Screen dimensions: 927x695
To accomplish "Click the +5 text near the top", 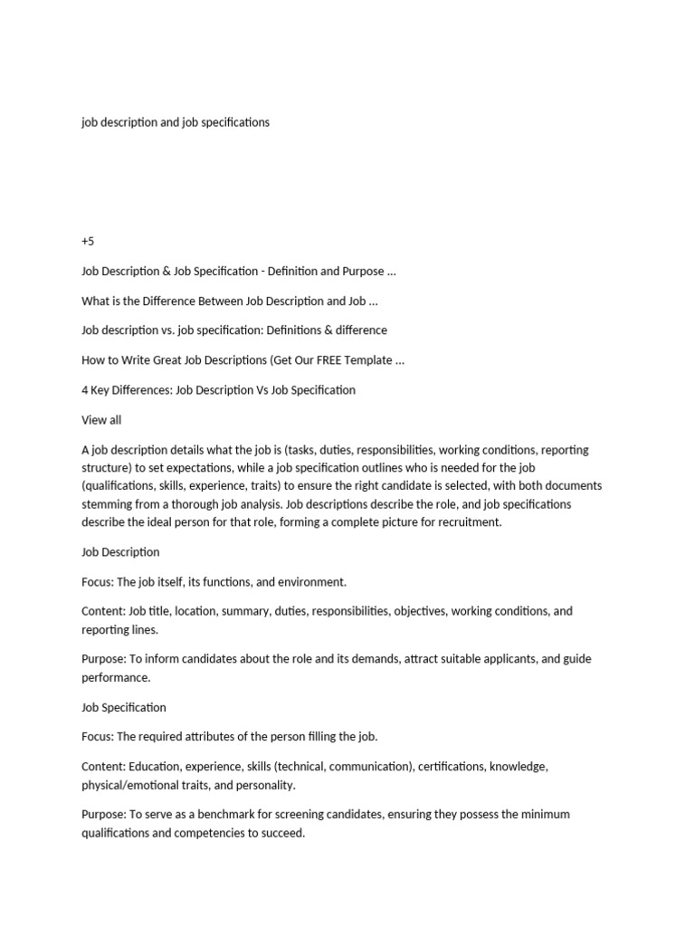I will (88, 241).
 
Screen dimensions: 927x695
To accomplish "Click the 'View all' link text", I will (101, 420).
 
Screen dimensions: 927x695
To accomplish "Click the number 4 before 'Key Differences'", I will (85, 390).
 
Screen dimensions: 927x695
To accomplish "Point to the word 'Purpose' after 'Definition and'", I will (361, 272).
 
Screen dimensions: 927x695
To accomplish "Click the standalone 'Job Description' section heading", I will (120, 552).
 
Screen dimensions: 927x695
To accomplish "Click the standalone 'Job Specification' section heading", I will (124, 708).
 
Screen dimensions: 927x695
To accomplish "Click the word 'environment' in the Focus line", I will (312, 582).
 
